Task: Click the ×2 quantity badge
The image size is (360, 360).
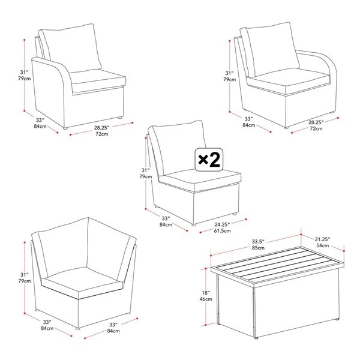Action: point(209,160)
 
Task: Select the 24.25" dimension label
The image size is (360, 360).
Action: point(222,224)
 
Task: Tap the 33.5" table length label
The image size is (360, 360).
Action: point(258,242)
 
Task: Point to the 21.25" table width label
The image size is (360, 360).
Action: point(322,239)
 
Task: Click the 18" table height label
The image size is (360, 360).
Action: point(206,293)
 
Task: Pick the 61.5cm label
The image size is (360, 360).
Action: point(222,231)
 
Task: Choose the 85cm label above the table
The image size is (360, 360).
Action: point(258,248)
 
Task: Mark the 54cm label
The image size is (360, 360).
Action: point(323,245)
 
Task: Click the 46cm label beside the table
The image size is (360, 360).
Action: point(206,299)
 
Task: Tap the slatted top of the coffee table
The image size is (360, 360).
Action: point(277,265)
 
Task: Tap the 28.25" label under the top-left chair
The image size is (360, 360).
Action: point(102,127)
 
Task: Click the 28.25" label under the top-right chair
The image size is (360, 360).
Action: point(316,122)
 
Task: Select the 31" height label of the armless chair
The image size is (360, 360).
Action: point(146,170)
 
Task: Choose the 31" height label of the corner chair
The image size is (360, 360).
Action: point(25,275)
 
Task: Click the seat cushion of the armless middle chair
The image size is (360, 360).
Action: point(200,179)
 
